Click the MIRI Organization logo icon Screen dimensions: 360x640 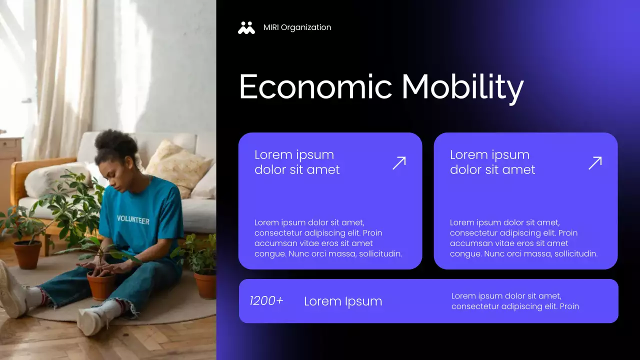point(246,27)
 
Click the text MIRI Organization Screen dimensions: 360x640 point(297,27)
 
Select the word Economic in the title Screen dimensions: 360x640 point(315,86)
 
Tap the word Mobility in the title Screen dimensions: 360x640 point(462,87)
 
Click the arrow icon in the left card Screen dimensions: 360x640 point(399,162)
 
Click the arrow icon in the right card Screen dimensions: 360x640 point(595,162)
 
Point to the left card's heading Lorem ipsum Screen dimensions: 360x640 point(294,155)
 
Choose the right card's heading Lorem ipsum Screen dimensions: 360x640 point(489,155)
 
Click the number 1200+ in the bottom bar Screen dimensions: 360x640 point(266,300)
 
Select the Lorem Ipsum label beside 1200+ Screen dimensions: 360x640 point(343,301)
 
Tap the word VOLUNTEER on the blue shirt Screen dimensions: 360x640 point(133,219)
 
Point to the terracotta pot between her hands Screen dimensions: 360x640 point(101,285)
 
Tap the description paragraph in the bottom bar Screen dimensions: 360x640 point(515,301)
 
